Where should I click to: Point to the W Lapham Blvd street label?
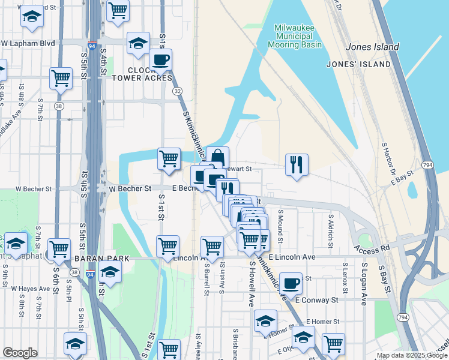[28, 43]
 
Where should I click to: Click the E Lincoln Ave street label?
[292, 257]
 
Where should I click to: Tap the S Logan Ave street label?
[364, 284]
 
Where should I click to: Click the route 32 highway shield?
[177, 91]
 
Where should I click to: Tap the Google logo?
[20, 353]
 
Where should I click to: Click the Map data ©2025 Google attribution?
[412, 356]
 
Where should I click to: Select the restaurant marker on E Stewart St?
[297, 164]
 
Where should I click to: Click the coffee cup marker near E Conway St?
[291, 283]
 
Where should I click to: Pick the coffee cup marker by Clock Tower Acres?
[160, 59]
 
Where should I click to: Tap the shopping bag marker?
[217, 157]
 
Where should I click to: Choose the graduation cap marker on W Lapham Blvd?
[138, 43]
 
